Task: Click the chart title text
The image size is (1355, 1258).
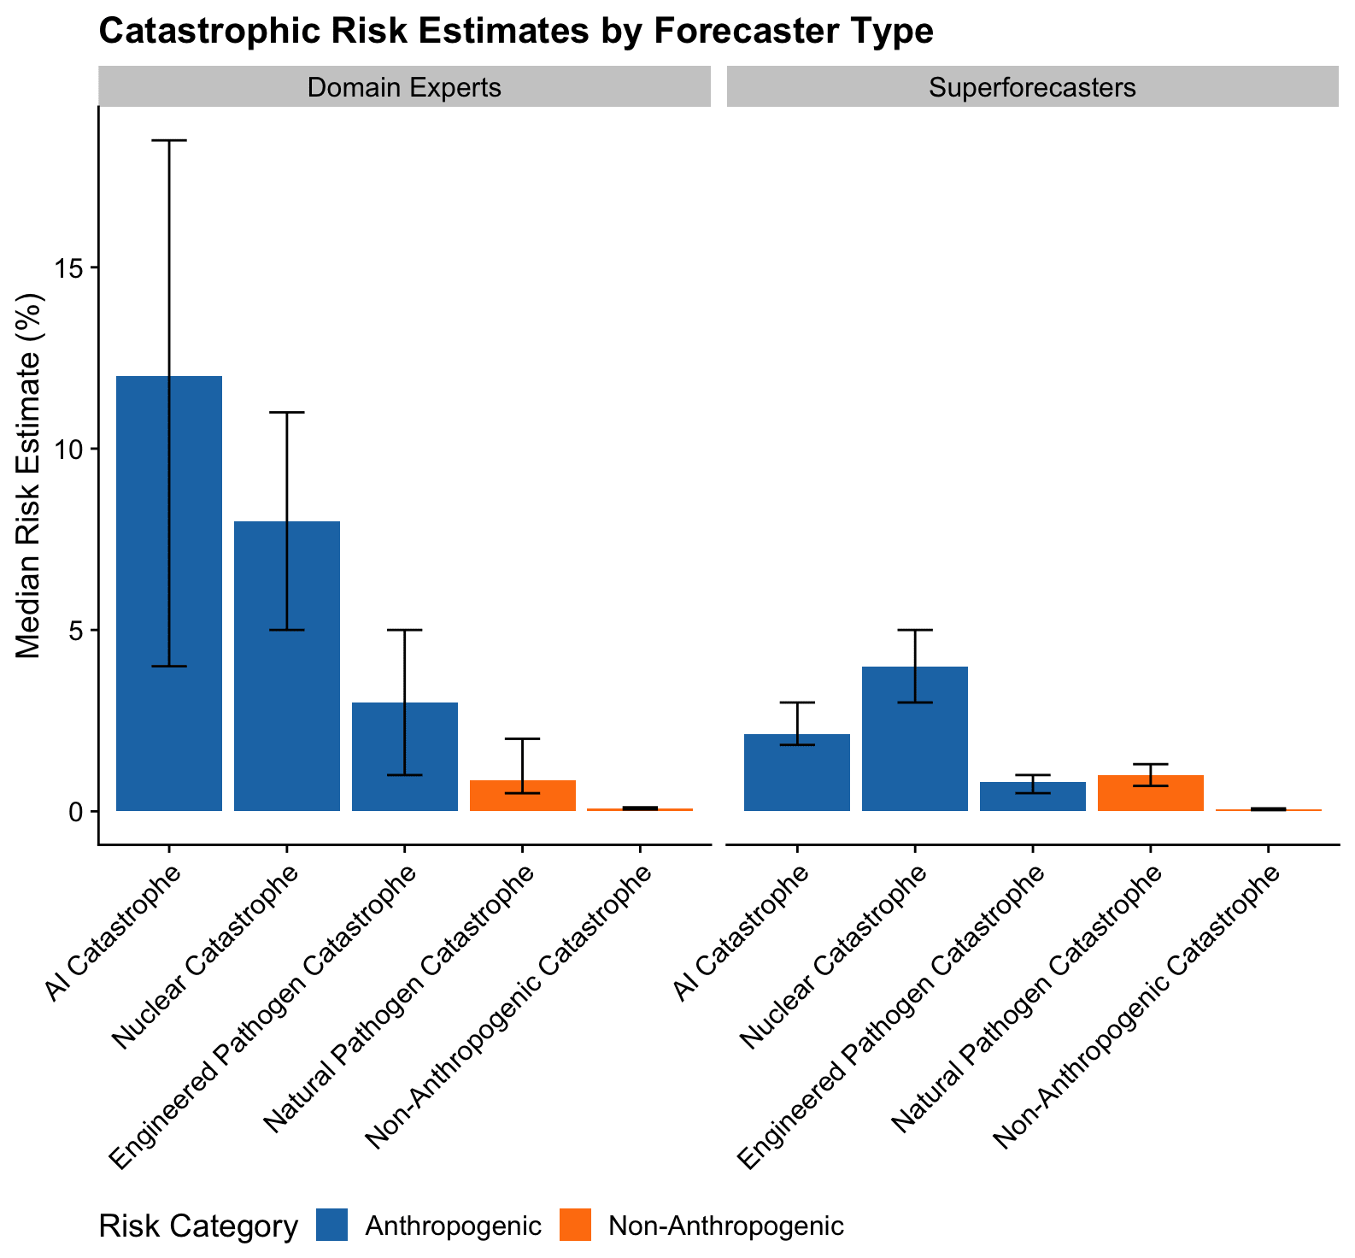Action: click(x=516, y=32)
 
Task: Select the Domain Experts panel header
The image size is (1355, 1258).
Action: click(x=404, y=87)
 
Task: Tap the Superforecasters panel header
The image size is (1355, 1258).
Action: click(x=1032, y=87)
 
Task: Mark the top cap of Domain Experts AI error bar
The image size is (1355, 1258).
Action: click(x=169, y=140)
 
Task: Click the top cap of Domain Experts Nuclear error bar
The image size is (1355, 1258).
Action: click(x=287, y=412)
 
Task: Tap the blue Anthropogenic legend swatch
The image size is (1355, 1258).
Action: click(x=331, y=1226)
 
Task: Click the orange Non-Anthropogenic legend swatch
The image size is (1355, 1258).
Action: click(x=576, y=1226)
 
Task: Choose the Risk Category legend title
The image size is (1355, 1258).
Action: click(x=198, y=1226)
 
